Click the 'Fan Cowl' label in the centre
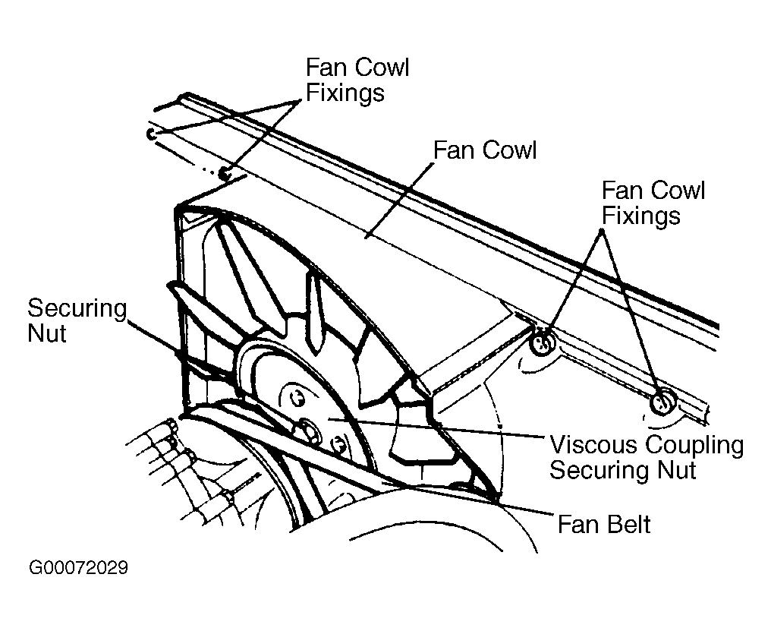click(484, 150)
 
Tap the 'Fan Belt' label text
click(604, 523)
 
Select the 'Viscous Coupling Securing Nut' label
click(646, 457)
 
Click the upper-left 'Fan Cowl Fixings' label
click(357, 79)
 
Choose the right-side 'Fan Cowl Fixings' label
click(653, 203)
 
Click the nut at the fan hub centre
click(310, 430)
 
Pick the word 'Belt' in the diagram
click(629, 523)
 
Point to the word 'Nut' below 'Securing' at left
click(47, 333)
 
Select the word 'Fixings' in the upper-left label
click(345, 92)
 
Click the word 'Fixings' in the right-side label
click(640, 216)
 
